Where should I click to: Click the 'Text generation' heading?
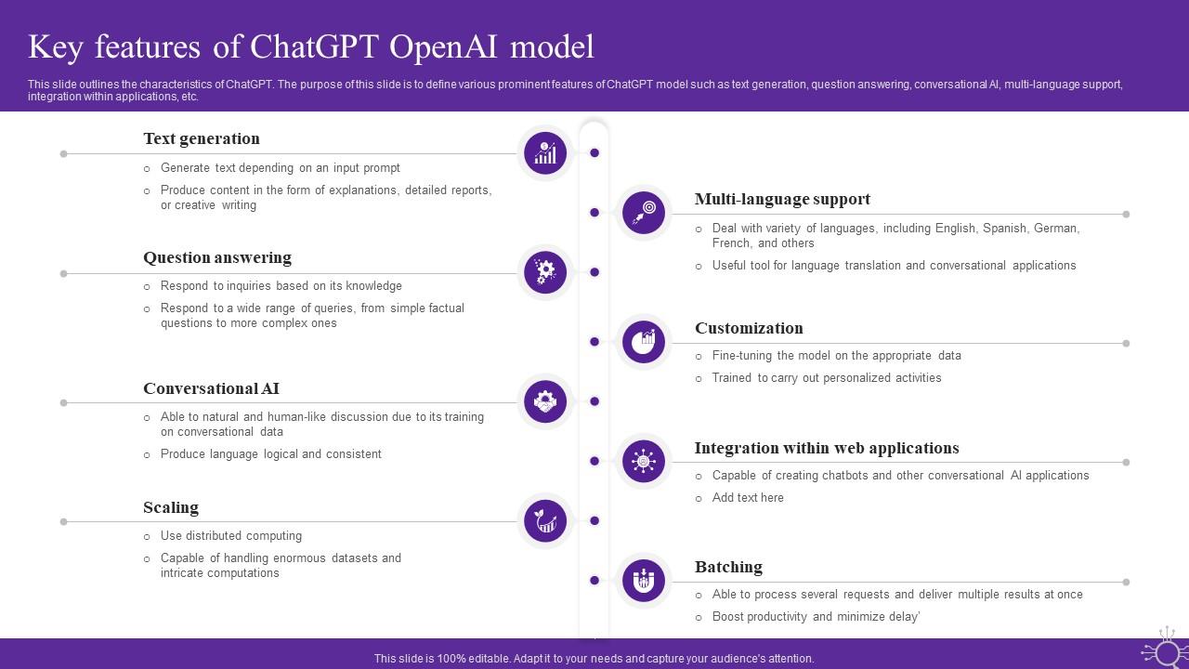(202, 138)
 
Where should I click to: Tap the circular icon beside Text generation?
(545, 152)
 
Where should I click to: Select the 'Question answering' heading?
(217, 257)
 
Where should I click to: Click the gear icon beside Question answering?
(545, 271)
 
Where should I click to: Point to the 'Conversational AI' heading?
(211, 388)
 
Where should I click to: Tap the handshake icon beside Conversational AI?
(545, 401)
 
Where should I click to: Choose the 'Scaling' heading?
(171, 507)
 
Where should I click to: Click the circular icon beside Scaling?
(545, 521)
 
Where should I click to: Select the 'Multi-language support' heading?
(782, 199)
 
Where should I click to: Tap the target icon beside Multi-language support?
(644, 212)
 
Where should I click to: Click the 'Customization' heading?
(749, 328)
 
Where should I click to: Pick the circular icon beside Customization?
(644, 342)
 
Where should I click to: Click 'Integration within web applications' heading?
(827, 448)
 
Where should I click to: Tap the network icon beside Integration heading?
(644, 461)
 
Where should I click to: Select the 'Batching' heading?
(728, 567)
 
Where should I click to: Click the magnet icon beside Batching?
(644, 581)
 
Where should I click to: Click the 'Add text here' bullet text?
(748, 498)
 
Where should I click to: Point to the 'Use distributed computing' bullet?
(231, 536)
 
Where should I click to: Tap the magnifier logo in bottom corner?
(1166, 650)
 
